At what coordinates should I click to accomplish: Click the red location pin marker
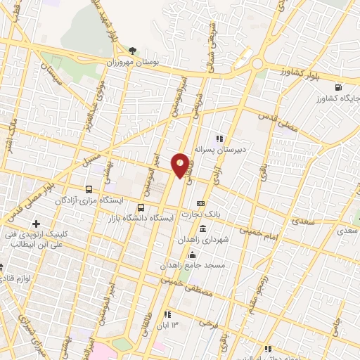coord(181,165)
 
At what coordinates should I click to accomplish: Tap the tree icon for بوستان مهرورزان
coord(133,51)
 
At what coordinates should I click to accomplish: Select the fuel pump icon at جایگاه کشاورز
coord(341,86)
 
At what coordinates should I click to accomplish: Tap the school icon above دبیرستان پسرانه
coord(219,139)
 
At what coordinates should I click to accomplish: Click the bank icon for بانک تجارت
coord(200,203)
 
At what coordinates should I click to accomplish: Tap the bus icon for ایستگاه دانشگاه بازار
coord(141,207)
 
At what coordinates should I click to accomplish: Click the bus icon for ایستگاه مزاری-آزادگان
coord(89,189)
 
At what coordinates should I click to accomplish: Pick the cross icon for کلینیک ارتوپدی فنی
coord(36,223)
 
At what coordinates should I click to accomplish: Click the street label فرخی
coord(206,325)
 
